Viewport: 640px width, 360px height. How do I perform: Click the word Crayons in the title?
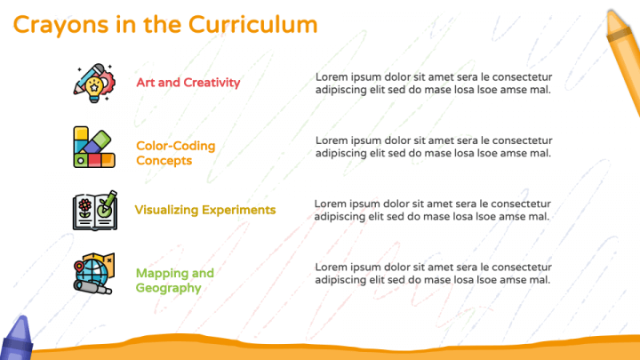pyautogui.click(x=60, y=25)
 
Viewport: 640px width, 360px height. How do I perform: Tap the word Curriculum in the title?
pyautogui.click(x=252, y=25)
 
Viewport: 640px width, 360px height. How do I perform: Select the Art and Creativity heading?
pyautogui.click(x=188, y=83)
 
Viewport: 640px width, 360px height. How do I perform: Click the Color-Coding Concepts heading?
pyautogui.click(x=175, y=153)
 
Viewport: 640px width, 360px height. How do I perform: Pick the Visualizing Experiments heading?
pyautogui.click(x=205, y=210)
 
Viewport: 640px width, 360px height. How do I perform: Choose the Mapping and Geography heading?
pyautogui.click(x=175, y=280)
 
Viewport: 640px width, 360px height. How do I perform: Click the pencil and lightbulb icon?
pyautogui.click(x=94, y=83)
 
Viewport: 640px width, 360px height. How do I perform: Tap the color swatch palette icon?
pyautogui.click(x=94, y=147)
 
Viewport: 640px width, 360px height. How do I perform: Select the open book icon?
pyautogui.click(x=95, y=211)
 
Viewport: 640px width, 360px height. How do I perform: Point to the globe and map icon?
pyautogui.click(x=94, y=274)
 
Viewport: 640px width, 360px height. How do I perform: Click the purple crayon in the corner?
pyautogui.click(x=18, y=338)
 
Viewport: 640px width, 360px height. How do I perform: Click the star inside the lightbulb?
pyautogui.click(x=94, y=87)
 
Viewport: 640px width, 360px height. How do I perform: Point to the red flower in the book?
pyautogui.click(x=85, y=204)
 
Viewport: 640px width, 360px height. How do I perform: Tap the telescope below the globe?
pyautogui.click(x=92, y=287)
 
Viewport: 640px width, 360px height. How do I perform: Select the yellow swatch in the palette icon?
pyautogui.click(x=81, y=133)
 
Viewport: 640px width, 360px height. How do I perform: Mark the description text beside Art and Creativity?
pyautogui.click(x=434, y=84)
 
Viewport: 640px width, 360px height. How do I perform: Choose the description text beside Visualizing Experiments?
pyautogui.click(x=432, y=210)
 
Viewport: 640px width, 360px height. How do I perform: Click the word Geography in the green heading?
pyautogui.click(x=168, y=288)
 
